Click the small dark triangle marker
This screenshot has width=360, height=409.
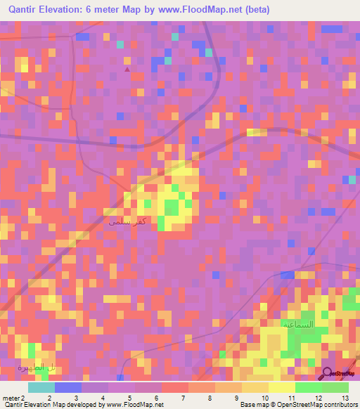pyautogui.click(x=127, y=69)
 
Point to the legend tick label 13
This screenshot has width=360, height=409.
pyautogui.click(x=345, y=398)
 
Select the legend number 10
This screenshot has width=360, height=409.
pyautogui.click(x=264, y=398)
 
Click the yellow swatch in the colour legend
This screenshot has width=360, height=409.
pyautogui.click(x=281, y=387)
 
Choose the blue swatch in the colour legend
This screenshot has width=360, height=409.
pyautogui.click(x=67, y=387)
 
